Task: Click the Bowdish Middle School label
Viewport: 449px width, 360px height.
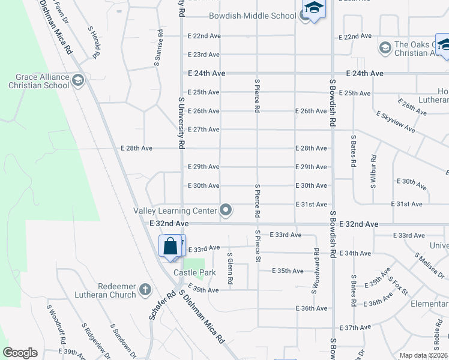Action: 252,16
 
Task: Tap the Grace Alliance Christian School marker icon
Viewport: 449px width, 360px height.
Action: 77,80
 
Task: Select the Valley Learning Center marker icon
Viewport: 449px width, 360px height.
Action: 226,210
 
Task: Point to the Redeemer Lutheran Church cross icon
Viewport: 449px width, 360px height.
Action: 144,290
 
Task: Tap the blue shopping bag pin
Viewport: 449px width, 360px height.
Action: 170,247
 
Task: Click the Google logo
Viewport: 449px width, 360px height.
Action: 20,353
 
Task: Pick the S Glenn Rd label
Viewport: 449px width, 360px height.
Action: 230,268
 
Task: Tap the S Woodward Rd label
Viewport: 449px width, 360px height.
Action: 315,271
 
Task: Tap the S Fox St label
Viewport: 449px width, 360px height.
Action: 398,287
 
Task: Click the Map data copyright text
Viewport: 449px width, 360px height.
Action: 423,355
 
